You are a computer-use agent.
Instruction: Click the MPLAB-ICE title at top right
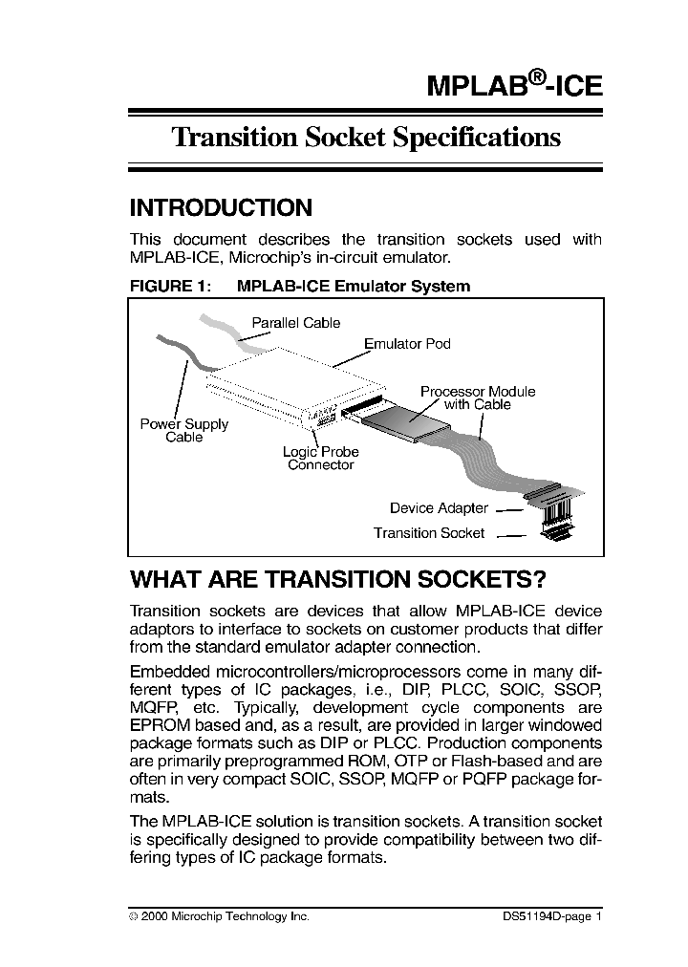pyautogui.click(x=514, y=85)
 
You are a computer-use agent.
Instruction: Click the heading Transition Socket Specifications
pyautogui.click(x=365, y=138)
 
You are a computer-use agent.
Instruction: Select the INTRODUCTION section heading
pyautogui.click(x=221, y=208)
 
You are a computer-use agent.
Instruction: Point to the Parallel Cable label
pyautogui.click(x=295, y=323)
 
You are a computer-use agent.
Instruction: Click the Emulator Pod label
pyautogui.click(x=407, y=343)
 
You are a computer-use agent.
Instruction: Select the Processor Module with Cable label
pyautogui.click(x=478, y=398)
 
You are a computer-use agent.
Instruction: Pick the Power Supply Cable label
pyautogui.click(x=184, y=430)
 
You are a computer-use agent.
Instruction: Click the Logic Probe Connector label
pyautogui.click(x=321, y=459)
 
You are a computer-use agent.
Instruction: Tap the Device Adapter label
pyautogui.click(x=439, y=508)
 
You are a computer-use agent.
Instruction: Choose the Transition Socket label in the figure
pyautogui.click(x=429, y=533)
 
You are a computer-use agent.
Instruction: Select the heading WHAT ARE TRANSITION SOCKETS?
pyautogui.click(x=337, y=580)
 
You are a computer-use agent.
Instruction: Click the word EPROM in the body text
pyautogui.click(x=155, y=725)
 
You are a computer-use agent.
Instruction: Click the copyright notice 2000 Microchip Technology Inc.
pyautogui.click(x=225, y=915)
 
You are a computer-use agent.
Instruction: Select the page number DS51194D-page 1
pyautogui.click(x=551, y=915)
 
